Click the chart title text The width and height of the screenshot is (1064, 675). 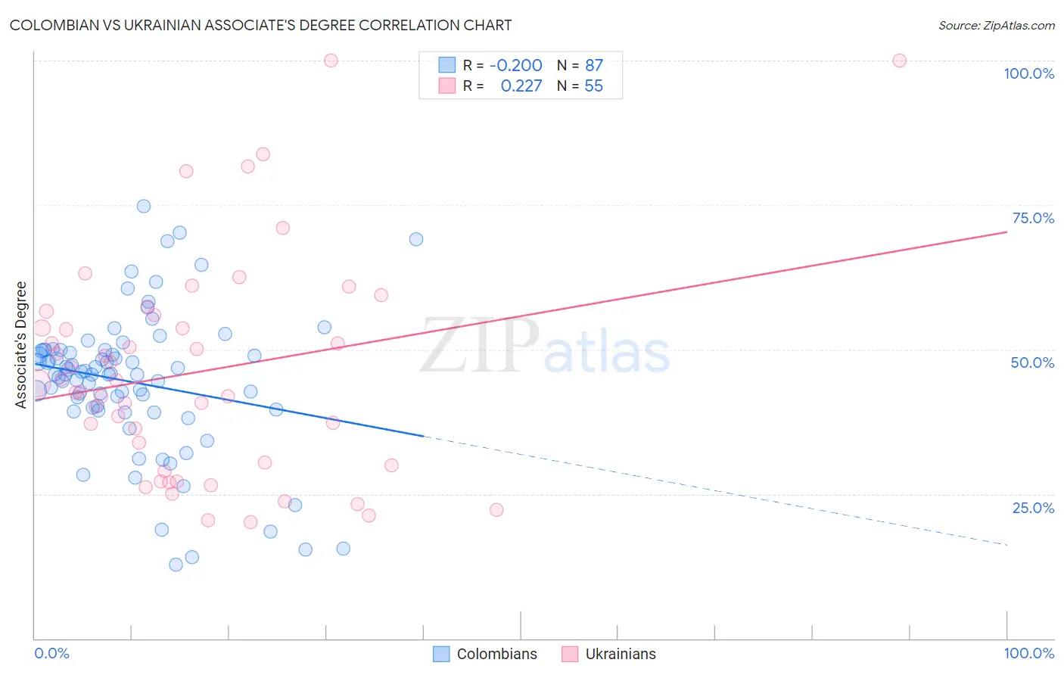260,25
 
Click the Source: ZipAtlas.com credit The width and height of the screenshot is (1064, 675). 996,25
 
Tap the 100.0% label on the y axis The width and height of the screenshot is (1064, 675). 1028,73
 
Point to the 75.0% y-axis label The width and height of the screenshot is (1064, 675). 1033,218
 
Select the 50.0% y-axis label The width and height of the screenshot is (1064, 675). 1032,362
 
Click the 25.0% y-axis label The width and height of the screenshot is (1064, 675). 1033,508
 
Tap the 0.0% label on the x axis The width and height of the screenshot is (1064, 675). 51,653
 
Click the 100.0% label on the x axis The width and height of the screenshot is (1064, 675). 1028,653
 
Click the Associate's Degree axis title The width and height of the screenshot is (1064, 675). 21,345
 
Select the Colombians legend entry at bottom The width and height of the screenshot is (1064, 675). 496,654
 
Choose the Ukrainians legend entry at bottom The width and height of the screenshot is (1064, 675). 621,654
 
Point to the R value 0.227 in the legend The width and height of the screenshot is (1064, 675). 521,86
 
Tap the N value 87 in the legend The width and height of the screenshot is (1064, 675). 593,66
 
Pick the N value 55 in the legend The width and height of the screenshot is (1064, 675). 593,86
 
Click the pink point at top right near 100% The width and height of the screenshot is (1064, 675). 899,61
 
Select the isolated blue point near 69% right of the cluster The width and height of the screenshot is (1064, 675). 415,239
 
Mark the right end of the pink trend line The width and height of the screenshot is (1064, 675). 1006,232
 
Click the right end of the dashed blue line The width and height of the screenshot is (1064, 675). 1006,544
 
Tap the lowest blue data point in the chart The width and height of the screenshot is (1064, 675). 176,565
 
